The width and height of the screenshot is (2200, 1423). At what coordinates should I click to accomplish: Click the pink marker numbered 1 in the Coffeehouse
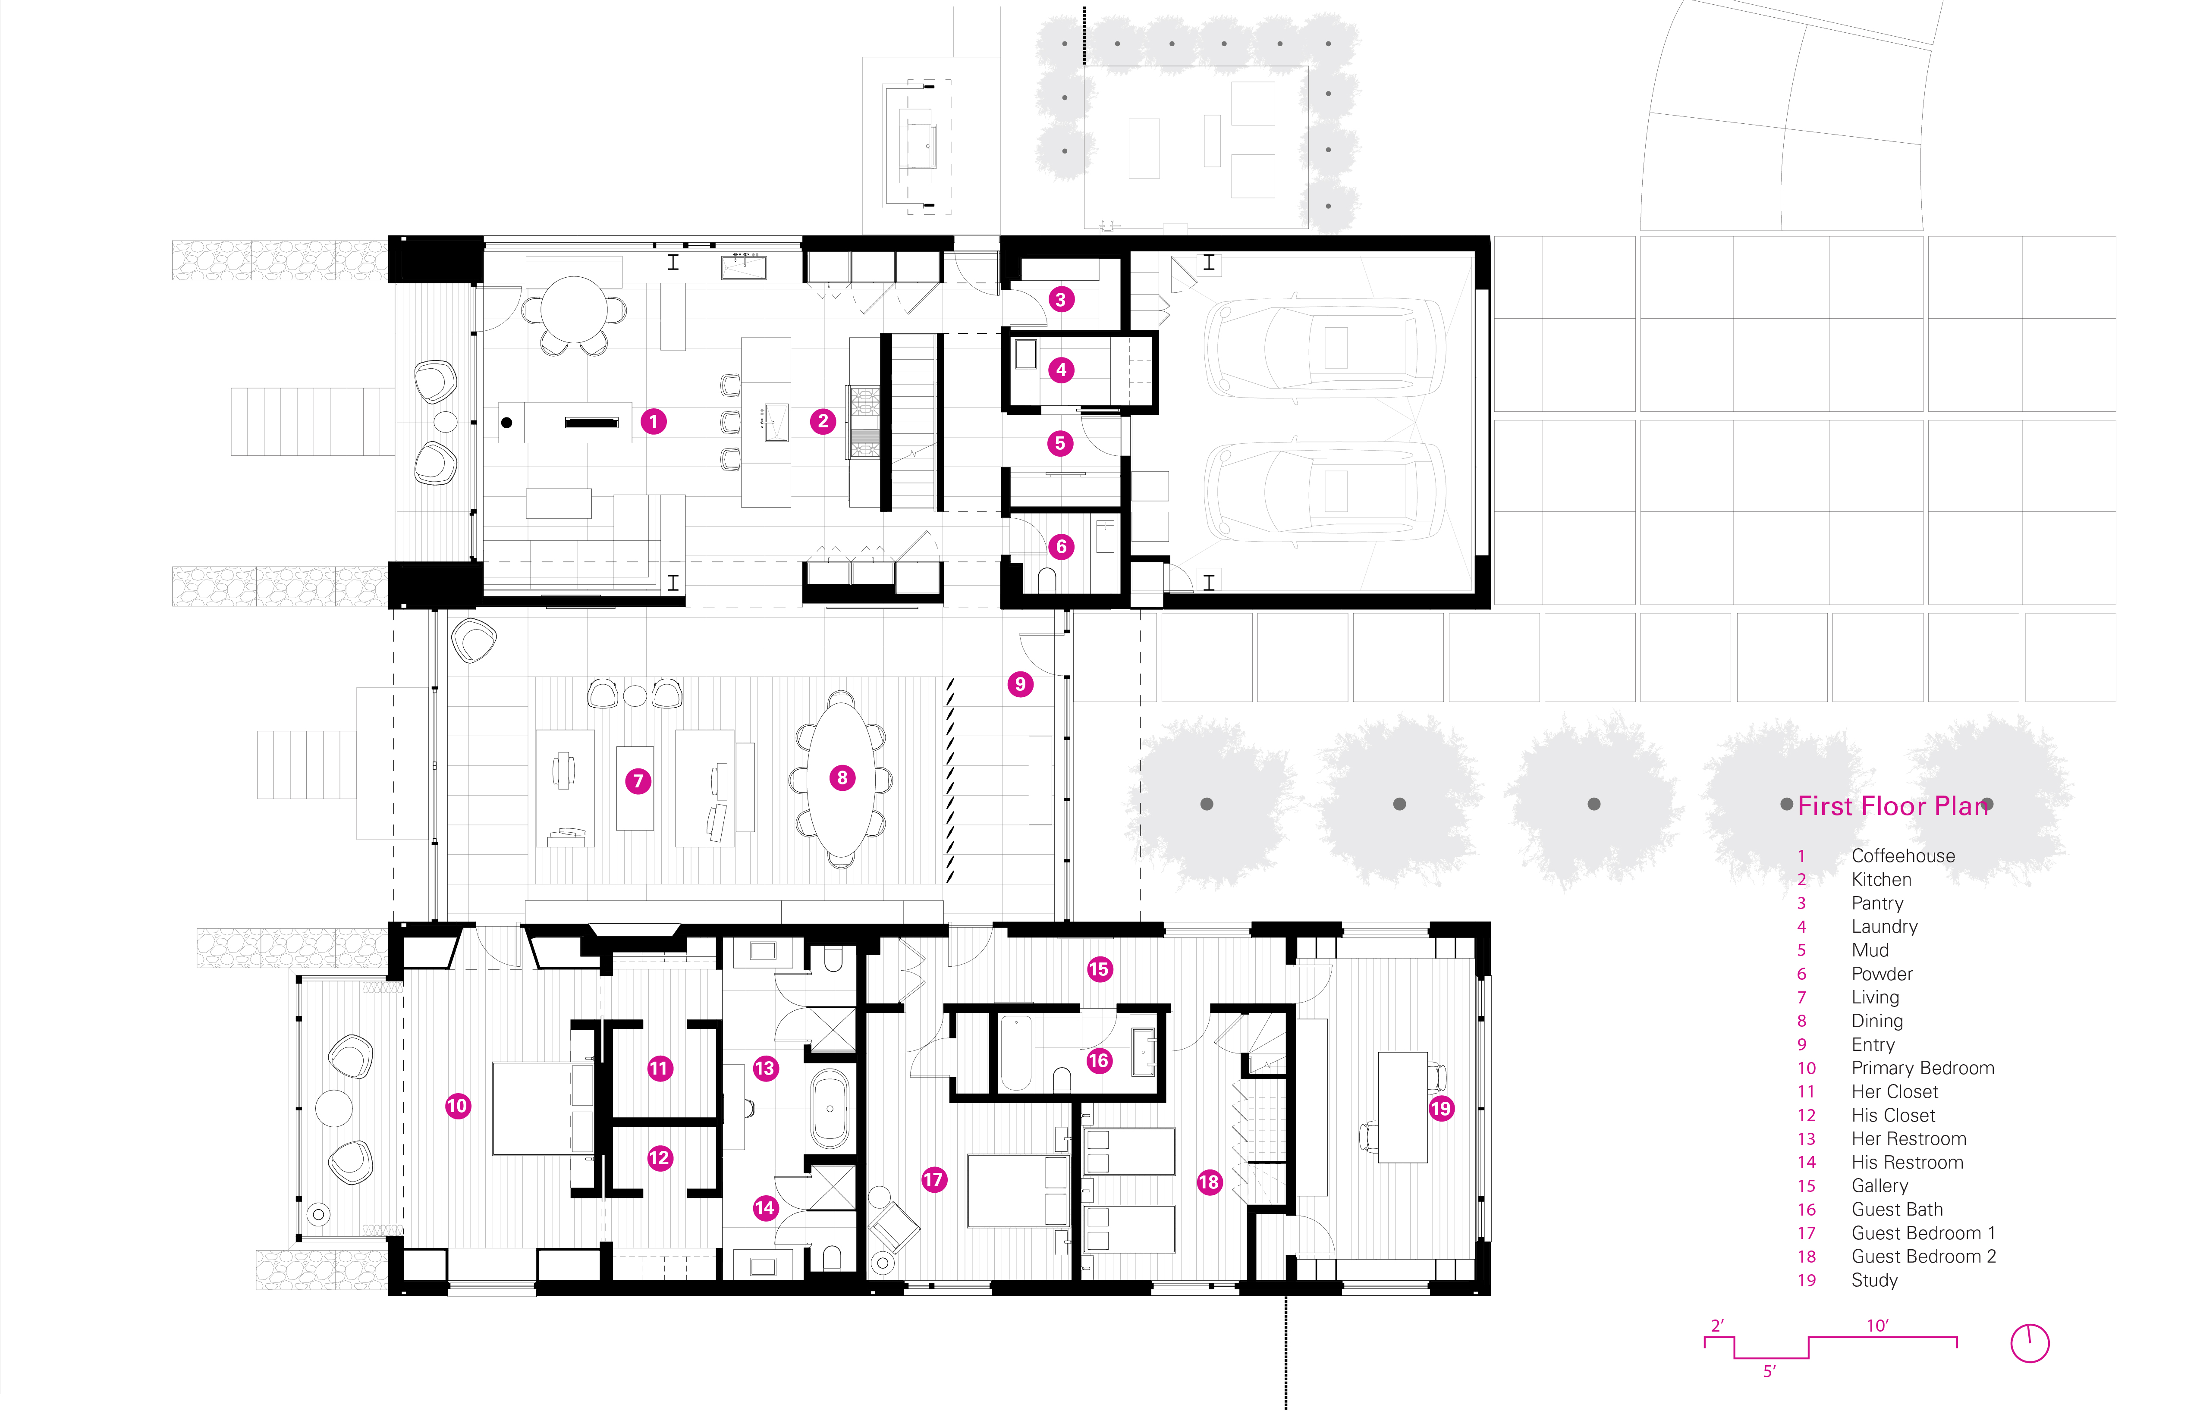coord(654,422)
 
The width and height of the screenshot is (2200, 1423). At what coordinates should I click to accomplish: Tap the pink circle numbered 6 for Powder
coord(1061,547)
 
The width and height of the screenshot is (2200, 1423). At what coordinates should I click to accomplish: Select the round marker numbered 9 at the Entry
coord(1021,685)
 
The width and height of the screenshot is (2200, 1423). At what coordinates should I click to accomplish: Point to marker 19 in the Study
coord(1441,1109)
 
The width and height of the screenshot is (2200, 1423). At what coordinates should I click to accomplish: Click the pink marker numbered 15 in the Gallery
coord(1099,969)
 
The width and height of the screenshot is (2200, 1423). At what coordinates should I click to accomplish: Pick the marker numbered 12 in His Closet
coord(659,1159)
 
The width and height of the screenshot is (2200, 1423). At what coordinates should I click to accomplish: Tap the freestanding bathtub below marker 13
coord(830,1109)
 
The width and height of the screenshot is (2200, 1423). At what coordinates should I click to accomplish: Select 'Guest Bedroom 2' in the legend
coord(1923,1257)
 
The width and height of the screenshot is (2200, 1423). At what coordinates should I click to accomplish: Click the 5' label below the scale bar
coord(1769,1371)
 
